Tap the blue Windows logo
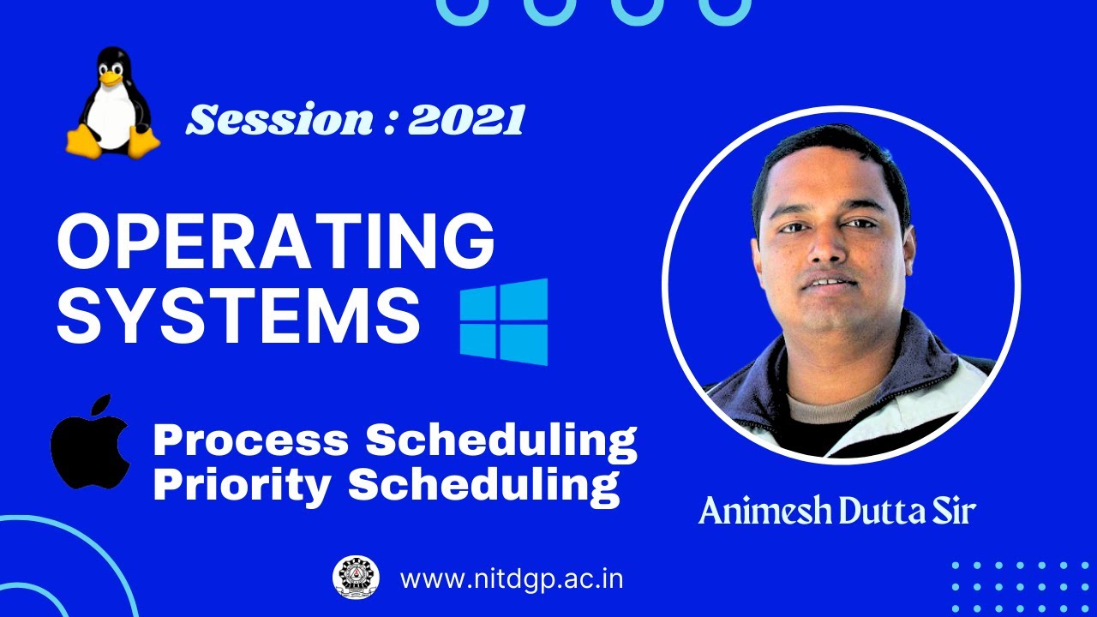point(504,322)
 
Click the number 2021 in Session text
point(465,120)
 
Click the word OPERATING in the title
point(275,242)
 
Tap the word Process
point(251,440)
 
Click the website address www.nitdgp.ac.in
point(511,578)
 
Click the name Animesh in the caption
point(764,512)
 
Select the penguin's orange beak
point(110,78)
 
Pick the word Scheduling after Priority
point(483,485)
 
